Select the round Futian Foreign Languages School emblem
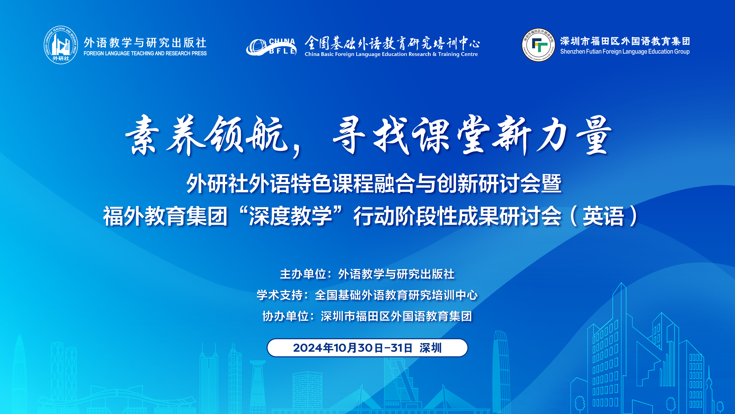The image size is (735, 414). (538, 45)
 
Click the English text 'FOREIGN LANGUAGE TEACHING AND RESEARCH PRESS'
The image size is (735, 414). (145, 53)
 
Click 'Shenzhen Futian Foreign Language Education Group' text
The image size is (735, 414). (625, 52)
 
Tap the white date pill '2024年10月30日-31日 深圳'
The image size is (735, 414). (367, 348)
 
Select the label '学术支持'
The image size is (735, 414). (280, 295)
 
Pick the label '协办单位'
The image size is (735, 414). (286, 316)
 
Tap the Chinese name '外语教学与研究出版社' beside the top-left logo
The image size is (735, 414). (145, 43)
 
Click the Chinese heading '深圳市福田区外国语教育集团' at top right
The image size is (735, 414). (625, 41)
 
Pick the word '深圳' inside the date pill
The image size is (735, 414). (430, 348)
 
